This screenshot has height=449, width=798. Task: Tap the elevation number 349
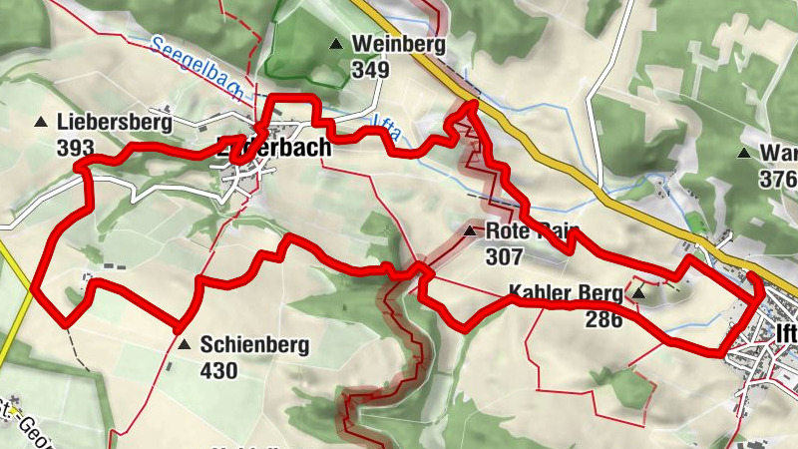(x=369, y=70)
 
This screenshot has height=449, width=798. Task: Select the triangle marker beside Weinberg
(x=336, y=44)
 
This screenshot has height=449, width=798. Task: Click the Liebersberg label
(x=115, y=123)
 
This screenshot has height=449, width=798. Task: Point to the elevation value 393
(x=76, y=148)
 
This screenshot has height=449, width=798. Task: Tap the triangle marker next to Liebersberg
(x=41, y=123)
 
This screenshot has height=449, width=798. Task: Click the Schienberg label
(x=254, y=345)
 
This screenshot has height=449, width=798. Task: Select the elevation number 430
(x=218, y=371)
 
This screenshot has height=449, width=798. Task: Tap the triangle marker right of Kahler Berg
(x=638, y=293)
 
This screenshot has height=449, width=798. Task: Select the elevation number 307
(x=505, y=255)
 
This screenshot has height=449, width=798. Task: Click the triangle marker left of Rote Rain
(x=470, y=231)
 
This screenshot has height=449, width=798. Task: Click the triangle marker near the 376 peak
(x=743, y=154)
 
